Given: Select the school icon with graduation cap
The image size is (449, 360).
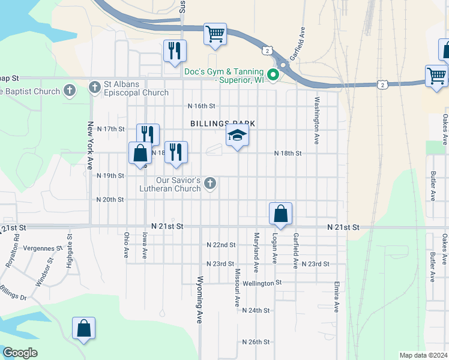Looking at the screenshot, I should (237, 136).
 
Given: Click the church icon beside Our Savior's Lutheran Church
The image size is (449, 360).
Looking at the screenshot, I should (210, 183).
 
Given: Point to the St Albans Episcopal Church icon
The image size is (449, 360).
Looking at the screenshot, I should (94, 88).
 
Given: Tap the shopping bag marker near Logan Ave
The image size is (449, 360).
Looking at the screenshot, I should (280, 214).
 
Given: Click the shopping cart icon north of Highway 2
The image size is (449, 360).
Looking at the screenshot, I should (214, 34).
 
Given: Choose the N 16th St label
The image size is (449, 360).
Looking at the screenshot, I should (201, 106).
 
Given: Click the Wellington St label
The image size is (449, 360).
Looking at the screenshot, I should (262, 283).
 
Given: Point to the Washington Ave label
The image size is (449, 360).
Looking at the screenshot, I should (316, 120).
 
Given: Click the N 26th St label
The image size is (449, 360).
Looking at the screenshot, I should (256, 341).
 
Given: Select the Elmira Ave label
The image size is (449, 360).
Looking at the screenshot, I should (337, 299).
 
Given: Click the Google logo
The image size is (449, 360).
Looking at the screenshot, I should (20, 353).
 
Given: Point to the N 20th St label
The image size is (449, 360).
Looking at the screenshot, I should (110, 199).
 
